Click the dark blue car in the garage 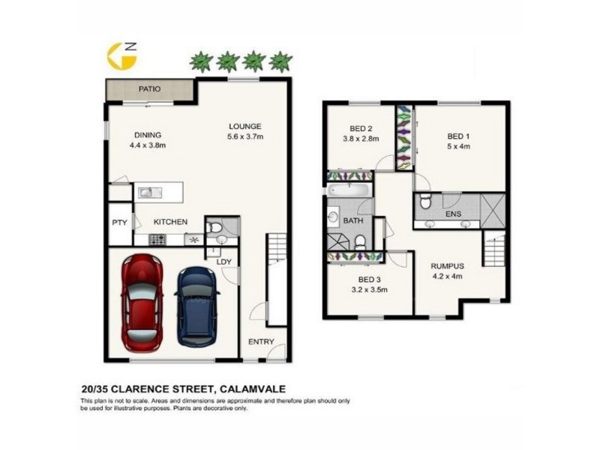pyautogui.click(x=196, y=306)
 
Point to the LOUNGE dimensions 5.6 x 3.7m pyautogui.click(x=245, y=136)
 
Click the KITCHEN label pyautogui.click(x=170, y=221)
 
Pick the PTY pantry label pyautogui.click(x=118, y=222)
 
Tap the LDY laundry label pyautogui.click(x=223, y=261)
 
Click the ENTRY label pyautogui.click(x=262, y=342)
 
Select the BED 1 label pyautogui.click(x=458, y=136)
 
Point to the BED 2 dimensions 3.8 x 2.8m pyautogui.click(x=361, y=138)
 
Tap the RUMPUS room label pyautogui.click(x=447, y=265)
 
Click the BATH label pyautogui.click(x=352, y=221)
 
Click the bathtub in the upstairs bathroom pyautogui.click(x=349, y=190)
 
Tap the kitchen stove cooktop pyautogui.click(x=157, y=239)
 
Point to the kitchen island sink pyautogui.click(x=145, y=193)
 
